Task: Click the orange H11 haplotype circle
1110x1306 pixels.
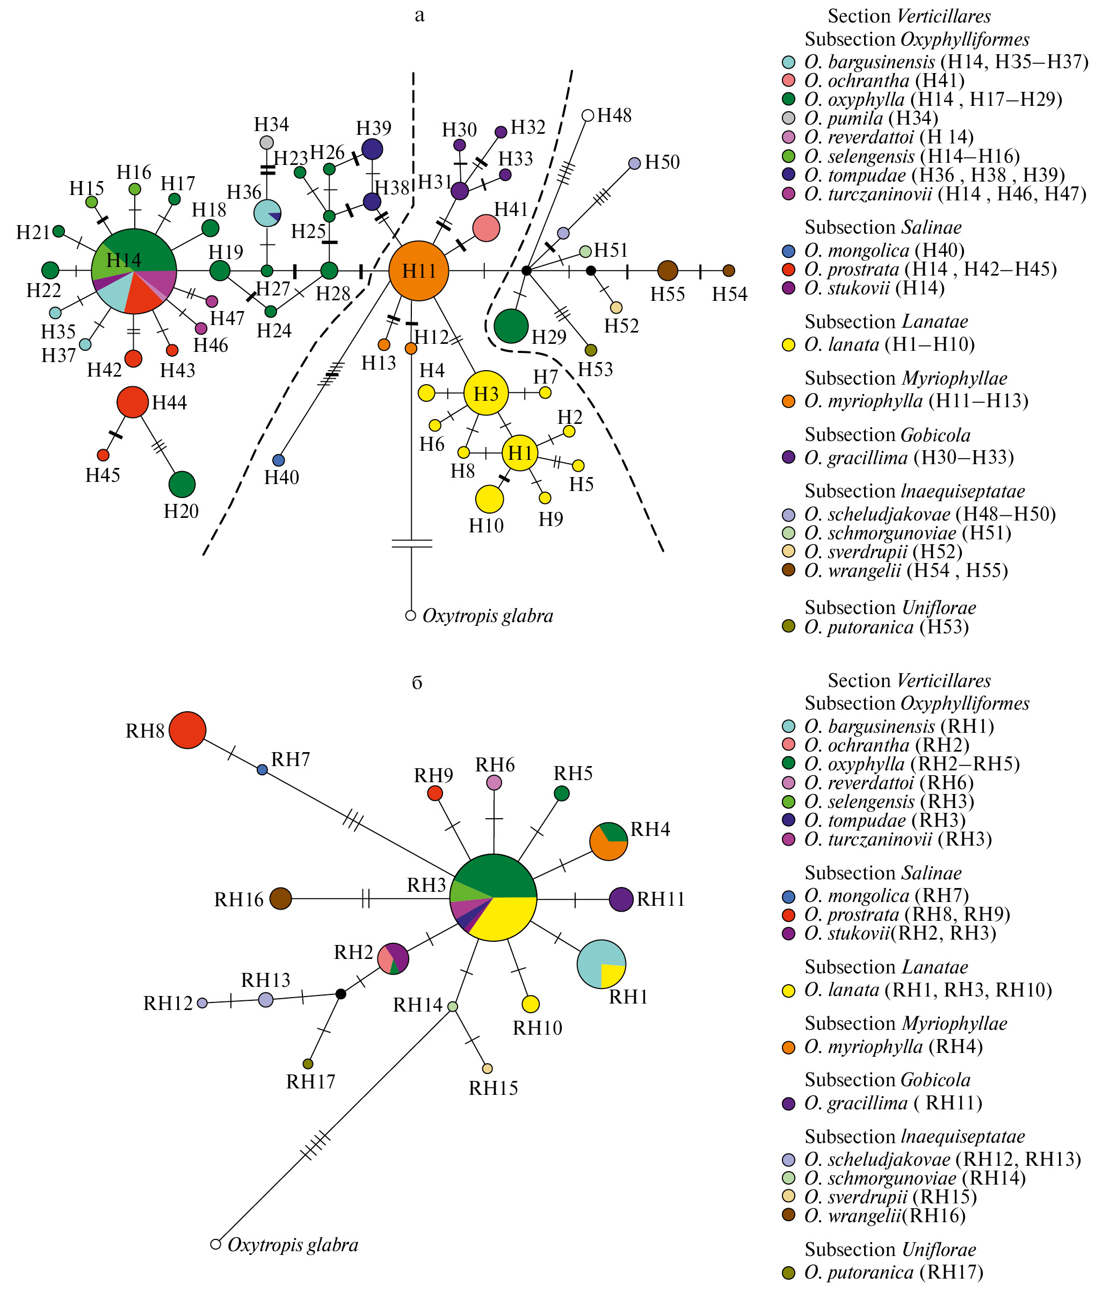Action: coord(418,271)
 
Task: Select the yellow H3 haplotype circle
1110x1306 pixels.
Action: coord(486,393)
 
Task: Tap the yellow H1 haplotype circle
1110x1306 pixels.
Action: coord(520,452)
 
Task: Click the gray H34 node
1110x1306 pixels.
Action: coord(267,142)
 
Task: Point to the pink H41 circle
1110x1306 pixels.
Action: coord(486,228)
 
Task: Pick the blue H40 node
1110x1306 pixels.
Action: coord(279,460)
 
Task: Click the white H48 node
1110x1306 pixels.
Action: coord(587,115)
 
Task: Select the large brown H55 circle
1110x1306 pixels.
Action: coord(668,271)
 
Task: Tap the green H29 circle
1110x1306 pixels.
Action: coord(511,326)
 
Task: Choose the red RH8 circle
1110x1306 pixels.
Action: coord(187,730)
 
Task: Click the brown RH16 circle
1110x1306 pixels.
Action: coord(281,898)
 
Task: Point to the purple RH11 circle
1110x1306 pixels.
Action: coord(621,899)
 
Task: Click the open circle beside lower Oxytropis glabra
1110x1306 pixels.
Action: coord(216,1244)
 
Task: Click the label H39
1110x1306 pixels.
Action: coord(374,128)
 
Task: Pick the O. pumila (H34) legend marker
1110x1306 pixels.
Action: coord(788,118)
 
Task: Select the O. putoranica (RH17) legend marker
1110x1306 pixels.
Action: coord(788,1273)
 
